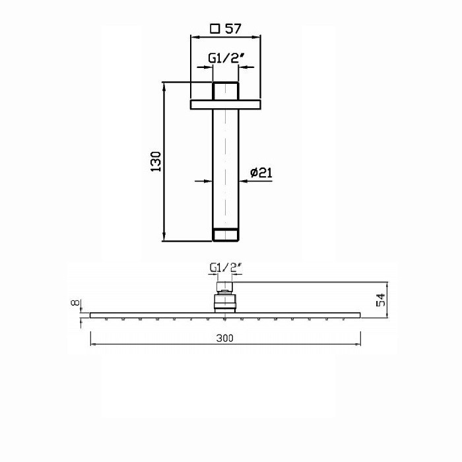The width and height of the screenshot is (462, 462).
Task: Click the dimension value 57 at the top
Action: point(233,28)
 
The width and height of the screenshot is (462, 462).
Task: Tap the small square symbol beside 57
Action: point(215,29)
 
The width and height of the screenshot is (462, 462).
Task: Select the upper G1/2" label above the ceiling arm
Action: point(226,58)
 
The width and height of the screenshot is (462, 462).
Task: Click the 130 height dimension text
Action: point(156,162)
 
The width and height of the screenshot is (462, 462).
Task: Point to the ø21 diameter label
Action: point(261,172)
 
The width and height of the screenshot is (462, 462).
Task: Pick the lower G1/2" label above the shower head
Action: point(226,267)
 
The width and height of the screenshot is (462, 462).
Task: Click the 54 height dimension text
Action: point(381,300)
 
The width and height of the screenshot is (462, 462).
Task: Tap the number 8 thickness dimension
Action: point(76,302)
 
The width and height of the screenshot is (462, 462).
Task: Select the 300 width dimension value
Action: point(225,338)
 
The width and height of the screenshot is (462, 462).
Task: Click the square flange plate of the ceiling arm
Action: point(226,104)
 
